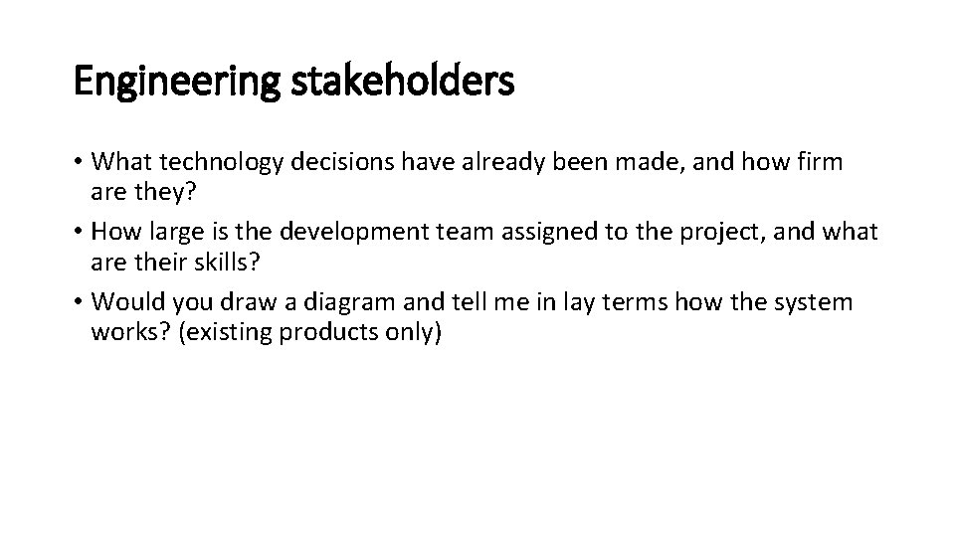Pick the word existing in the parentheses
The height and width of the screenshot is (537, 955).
coord(227,331)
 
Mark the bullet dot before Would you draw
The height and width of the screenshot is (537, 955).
coord(80,302)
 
